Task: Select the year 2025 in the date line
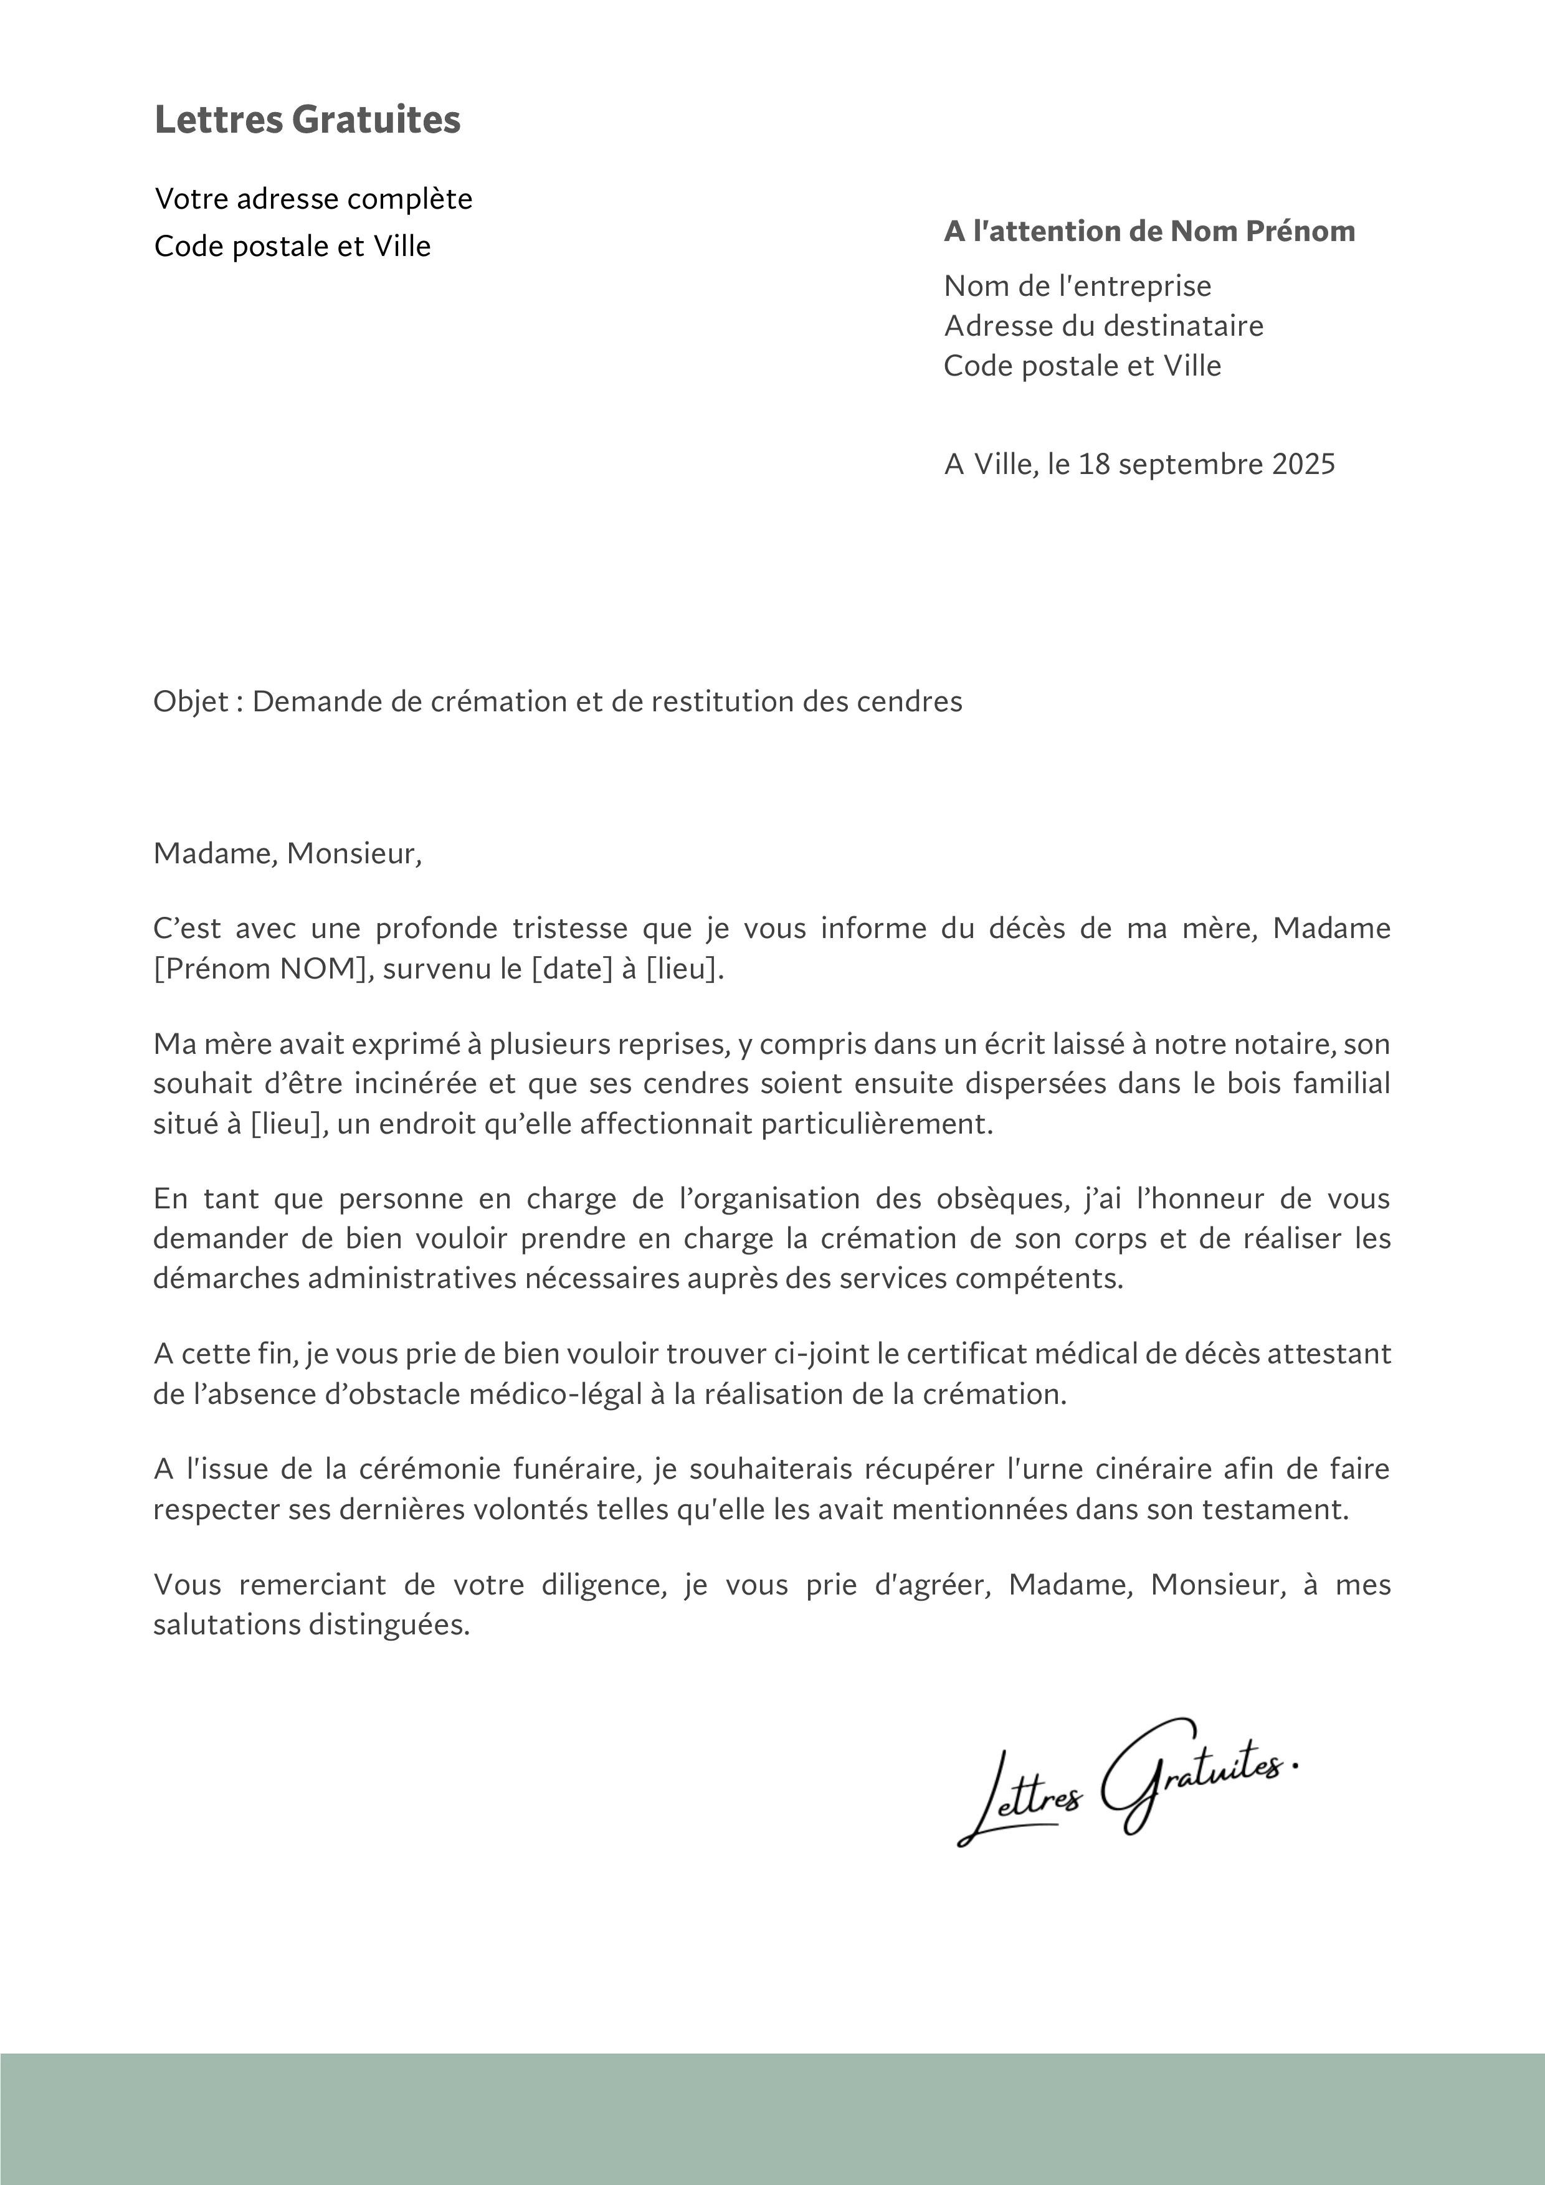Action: pos(1303,465)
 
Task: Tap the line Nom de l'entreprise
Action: pos(1078,285)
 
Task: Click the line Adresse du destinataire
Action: pos(1103,326)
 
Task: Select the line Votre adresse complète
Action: pos(313,199)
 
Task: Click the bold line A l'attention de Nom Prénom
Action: pos(1149,231)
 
